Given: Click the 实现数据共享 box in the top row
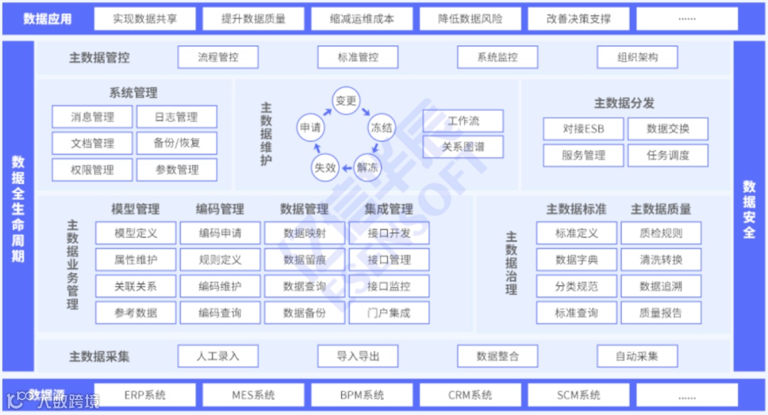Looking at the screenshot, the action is tap(144, 19).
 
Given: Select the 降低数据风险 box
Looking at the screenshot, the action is tap(470, 19).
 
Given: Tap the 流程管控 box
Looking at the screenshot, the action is tap(218, 58).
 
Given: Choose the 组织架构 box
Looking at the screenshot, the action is tap(637, 58).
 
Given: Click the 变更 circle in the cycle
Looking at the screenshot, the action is tap(346, 101).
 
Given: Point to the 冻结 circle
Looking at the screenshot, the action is tap(381, 128).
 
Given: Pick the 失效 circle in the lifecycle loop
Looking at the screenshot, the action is tap(325, 168).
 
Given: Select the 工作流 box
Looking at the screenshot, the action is tap(463, 121).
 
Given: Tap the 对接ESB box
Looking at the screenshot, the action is tap(583, 129).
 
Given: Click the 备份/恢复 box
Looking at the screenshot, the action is tap(176, 143).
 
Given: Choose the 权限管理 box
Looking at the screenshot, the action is tap(92, 170).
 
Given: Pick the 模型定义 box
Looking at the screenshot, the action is tap(136, 233).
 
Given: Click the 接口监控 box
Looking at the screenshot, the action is tap(389, 286).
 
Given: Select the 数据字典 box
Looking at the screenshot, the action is tap(576, 260).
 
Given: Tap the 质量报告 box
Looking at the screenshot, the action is tap(661, 313).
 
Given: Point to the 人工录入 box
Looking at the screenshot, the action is tap(218, 356).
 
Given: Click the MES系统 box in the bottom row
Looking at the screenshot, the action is tap(253, 395).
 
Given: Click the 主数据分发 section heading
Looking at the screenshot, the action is tap(624, 103).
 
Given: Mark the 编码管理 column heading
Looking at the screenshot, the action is tap(220, 209).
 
